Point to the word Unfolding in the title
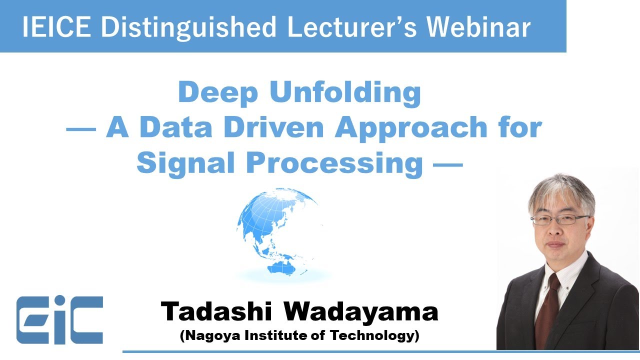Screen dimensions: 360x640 point(345,93)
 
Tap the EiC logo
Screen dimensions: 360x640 point(59,320)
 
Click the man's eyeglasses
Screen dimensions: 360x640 point(560,219)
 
